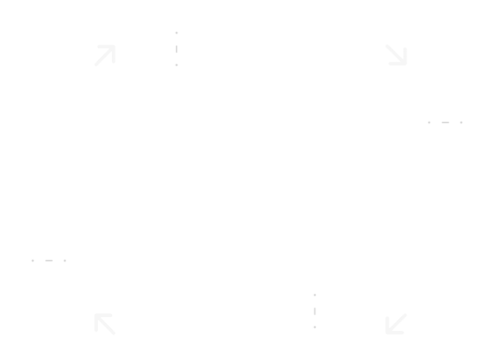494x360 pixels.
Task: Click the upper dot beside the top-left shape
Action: click(176, 33)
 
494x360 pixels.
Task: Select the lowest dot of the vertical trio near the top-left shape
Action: click(176, 65)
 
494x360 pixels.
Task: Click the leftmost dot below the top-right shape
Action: click(429, 121)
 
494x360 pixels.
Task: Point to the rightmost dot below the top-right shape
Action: click(461, 121)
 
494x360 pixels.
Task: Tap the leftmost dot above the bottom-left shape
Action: click(33, 261)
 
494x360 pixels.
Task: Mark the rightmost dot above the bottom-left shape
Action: click(65, 261)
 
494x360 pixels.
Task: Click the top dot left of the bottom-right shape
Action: click(316, 295)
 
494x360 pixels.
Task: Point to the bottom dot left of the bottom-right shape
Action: click(316, 327)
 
